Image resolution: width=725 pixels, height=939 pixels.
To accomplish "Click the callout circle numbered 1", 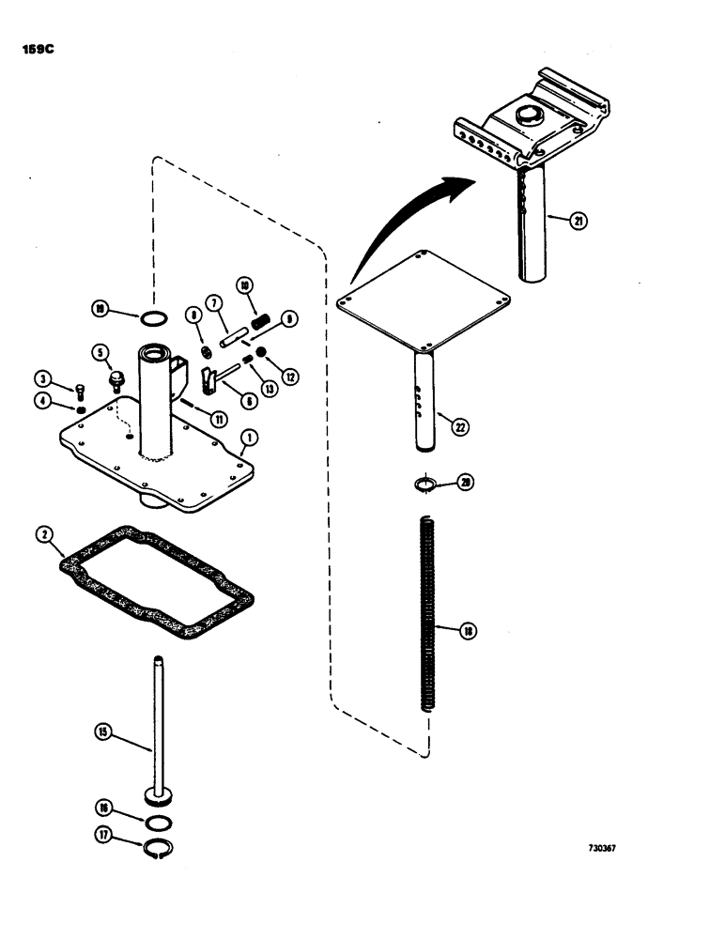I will (249, 437).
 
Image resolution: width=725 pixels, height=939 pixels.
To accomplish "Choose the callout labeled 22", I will (459, 424).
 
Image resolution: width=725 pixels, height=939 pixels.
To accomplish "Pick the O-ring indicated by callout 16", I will (160, 823).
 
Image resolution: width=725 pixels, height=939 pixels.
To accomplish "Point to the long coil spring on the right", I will (430, 617).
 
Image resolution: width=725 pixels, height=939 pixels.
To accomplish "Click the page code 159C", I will (36, 50).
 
